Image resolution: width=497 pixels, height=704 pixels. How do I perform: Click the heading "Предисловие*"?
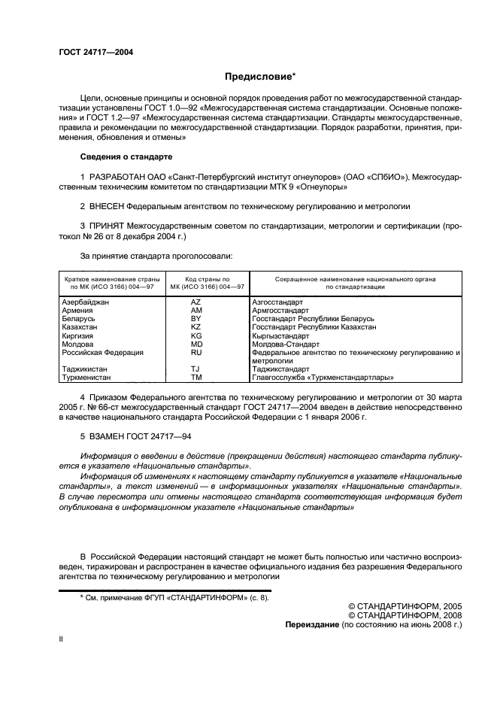point(261,77)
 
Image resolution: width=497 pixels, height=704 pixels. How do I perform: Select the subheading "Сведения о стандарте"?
point(126,157)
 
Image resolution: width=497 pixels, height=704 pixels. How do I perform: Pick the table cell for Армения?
point(77,310)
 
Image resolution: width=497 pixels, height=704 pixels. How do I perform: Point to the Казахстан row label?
point(81,327)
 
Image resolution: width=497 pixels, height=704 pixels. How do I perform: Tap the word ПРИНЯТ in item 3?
point(107,225)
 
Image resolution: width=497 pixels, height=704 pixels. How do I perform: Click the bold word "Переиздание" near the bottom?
point(311,624)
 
